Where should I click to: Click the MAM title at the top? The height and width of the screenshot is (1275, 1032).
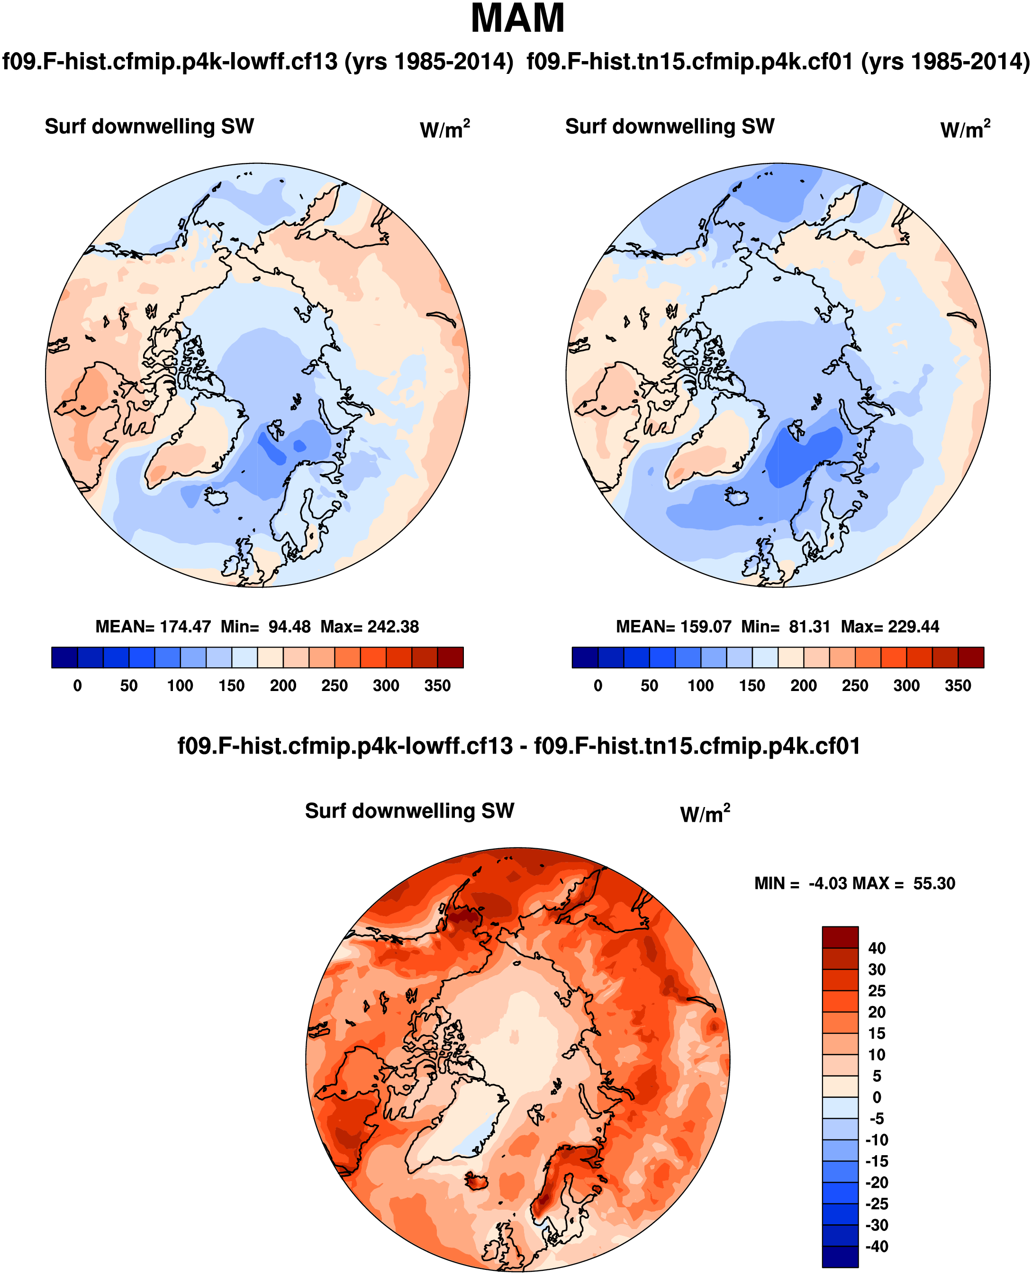coord(517,19)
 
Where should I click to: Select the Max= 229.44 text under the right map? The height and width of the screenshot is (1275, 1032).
coord(890,627)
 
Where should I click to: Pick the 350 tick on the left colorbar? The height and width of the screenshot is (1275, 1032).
coord(437,686)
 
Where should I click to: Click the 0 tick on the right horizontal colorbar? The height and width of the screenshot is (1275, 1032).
coord(598,686)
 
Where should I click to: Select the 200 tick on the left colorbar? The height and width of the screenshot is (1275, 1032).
coord(283,686)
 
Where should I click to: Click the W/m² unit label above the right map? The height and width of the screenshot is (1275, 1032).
coord(965,129)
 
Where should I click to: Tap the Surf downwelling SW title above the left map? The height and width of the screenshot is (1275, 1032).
coord(149,126)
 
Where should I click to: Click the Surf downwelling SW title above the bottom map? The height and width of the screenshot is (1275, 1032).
coord(409,811)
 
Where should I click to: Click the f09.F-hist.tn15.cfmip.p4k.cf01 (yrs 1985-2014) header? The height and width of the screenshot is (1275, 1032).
coord(778,62)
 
